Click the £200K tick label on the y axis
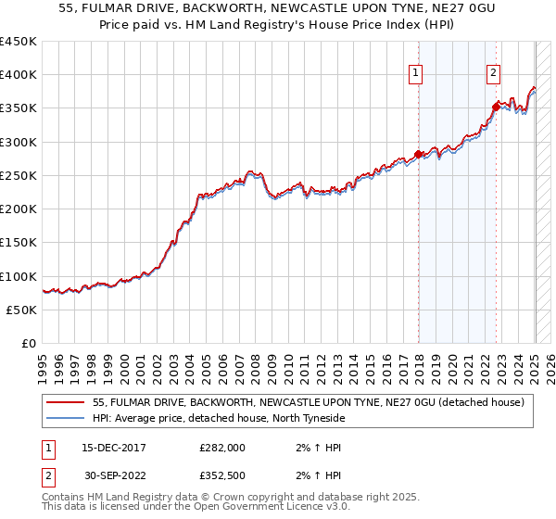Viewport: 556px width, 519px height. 19,209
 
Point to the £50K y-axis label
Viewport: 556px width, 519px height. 22,310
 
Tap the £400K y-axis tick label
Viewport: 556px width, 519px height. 19,75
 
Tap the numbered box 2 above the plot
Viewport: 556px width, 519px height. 494,73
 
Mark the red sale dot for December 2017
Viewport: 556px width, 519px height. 418,154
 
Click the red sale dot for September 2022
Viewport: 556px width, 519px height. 497,107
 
